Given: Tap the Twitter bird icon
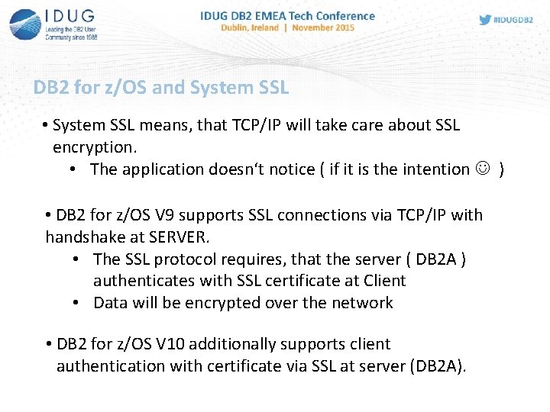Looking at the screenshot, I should coord(485,20).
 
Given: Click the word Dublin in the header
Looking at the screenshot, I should coord(237,27).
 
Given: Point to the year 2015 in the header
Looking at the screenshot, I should coord(342,27).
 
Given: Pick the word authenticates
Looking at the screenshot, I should coord(144,281).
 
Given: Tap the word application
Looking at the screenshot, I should coord(163,169).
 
